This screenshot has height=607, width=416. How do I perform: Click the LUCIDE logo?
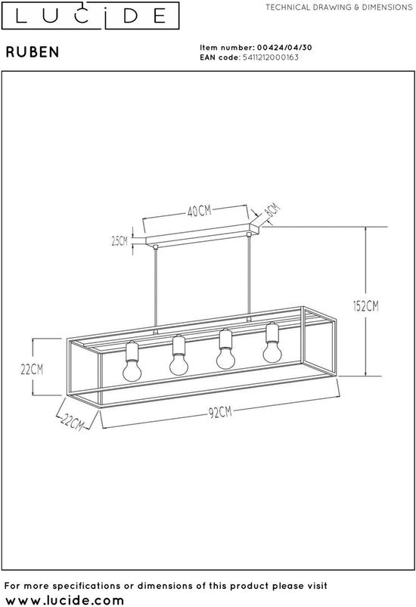tap(90, 15)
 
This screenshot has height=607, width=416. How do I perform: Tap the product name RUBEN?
tap(33, 52)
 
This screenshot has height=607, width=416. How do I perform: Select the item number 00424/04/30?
tap(284, 48)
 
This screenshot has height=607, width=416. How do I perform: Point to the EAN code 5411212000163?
tap(270, 57)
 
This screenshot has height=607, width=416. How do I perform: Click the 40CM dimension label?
tap(200, 211)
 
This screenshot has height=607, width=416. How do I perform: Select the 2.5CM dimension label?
tap(120, 241)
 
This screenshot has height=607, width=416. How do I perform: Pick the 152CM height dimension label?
tap(365, 306)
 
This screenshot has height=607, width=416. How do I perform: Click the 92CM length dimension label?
tap(220, 412)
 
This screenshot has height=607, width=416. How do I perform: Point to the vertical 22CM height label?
tap(32, 370)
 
